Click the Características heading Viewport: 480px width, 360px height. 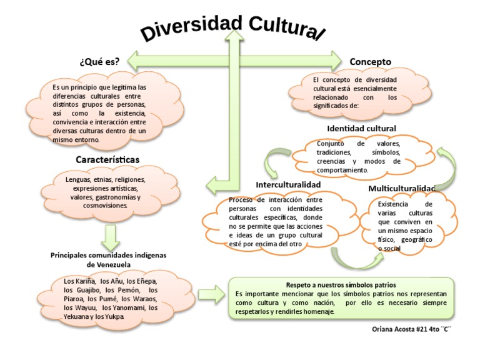coord(107,160)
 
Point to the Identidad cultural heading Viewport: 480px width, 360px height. coord(361,128)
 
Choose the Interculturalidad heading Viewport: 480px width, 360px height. coord(288,185)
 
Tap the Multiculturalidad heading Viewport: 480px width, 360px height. coord(401,188)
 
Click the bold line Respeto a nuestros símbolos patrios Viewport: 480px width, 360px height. coord(341,284)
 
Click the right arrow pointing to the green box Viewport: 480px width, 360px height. coord(210,294)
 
